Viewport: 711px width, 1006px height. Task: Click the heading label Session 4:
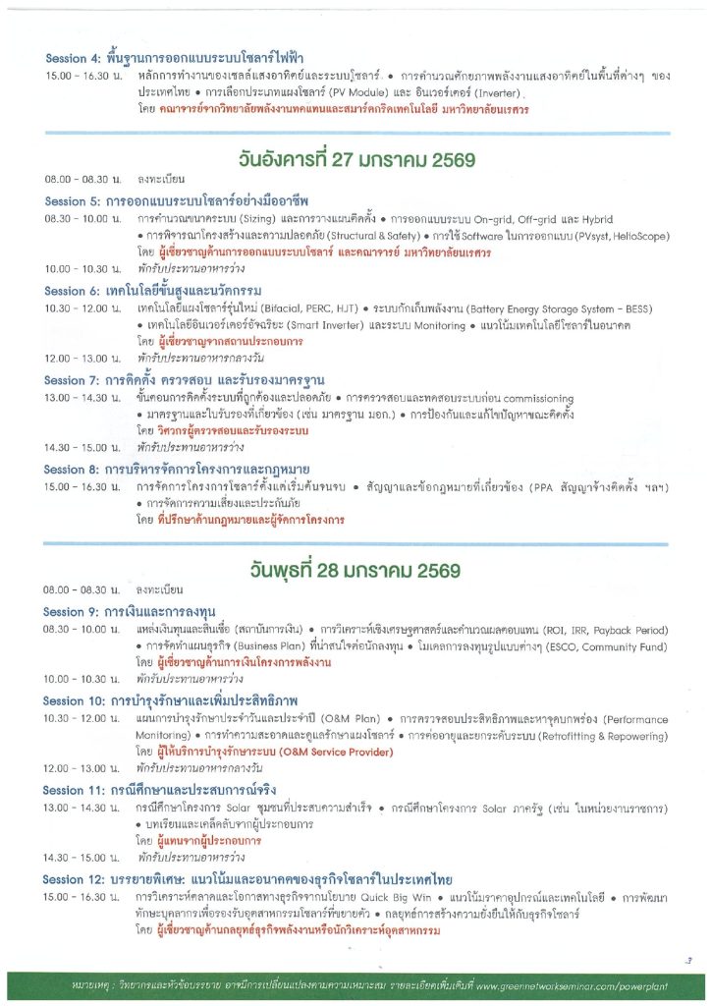click(72, 59)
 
